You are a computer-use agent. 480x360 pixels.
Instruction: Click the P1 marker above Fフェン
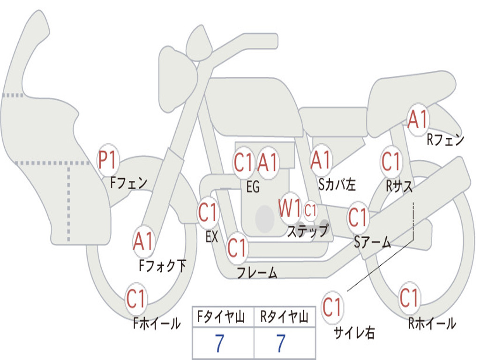pos(108,160)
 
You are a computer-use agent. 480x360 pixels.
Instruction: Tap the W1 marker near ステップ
pos(289,209)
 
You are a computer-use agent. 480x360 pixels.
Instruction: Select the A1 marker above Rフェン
pos(418,120)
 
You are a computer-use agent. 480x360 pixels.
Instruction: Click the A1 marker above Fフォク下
pos(143,241)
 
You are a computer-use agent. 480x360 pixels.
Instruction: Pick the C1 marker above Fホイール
pos(136,299)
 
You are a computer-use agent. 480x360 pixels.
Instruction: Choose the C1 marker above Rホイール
pos(409,298)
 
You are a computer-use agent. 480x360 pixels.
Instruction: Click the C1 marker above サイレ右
pos(332,307)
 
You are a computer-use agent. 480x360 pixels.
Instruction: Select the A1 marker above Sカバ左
pos(321,160)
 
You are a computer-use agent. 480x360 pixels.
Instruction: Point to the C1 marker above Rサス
pos(391,161)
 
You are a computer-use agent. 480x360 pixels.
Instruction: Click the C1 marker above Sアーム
pos(358,217)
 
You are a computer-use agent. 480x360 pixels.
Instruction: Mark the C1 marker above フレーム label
pos(237,247)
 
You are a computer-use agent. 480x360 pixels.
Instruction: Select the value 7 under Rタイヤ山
pos(281,343)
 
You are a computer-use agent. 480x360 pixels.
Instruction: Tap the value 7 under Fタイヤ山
pos(219,343)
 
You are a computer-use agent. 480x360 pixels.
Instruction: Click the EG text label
pos(253,187)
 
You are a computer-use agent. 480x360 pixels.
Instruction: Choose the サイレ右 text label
pos(354,332)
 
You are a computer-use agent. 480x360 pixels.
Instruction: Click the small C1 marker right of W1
pos(310,210)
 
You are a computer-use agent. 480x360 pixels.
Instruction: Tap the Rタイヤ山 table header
pos(285,317)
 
